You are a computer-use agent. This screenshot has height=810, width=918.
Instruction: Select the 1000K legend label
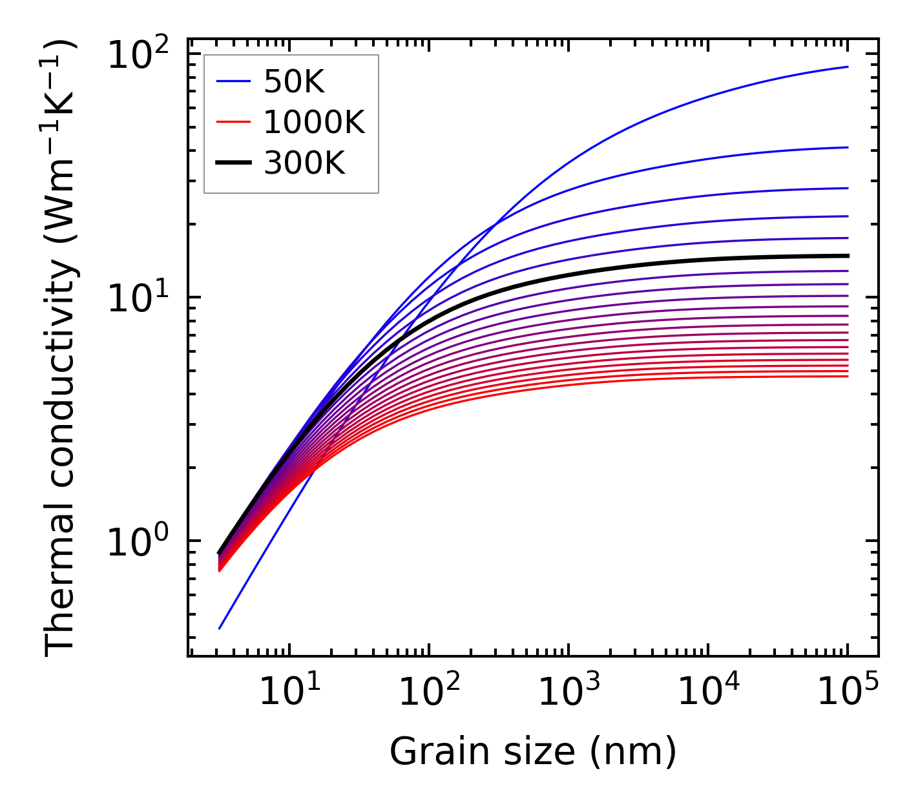point(314,122)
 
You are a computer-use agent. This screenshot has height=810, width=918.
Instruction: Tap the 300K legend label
point(304,163)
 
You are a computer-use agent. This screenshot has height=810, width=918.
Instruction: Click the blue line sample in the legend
point(233,81)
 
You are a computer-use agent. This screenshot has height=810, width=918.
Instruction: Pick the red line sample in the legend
point(233,122)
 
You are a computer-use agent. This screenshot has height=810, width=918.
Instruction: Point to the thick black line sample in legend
point(233,163)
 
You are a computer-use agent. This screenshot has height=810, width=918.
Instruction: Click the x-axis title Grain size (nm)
point(533,752)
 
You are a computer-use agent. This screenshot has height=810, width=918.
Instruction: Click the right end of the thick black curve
point(848,256)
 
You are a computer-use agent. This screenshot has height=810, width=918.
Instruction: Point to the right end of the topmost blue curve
point(848,67)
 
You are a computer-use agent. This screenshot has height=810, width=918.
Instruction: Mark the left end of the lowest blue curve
point(220,628)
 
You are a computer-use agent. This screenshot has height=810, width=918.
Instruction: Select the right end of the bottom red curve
point(848,376)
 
